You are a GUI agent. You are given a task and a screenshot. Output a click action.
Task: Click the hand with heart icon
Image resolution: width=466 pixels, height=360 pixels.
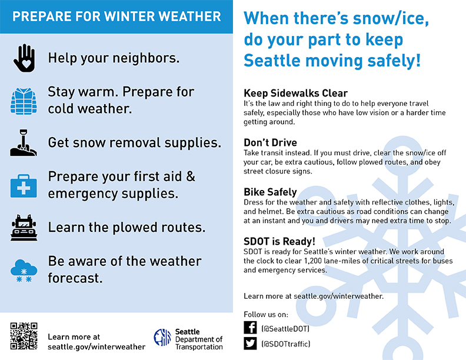point(24,58)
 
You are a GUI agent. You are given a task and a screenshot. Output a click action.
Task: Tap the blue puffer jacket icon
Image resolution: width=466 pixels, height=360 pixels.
point(24,101)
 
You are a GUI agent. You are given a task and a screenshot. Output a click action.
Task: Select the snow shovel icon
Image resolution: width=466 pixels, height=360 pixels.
point(24,142)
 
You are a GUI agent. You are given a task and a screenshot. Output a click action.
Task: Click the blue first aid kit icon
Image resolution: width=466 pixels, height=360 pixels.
point(24,186)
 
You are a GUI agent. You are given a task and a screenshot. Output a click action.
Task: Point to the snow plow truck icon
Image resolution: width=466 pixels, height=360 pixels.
point(24,228)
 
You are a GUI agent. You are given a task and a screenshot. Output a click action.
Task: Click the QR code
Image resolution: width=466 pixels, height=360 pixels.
point(24,336)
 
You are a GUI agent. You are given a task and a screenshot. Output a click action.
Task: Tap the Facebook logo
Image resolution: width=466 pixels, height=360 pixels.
point(250,328)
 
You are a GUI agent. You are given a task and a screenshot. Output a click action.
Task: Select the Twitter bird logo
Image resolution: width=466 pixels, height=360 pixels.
point(250,344)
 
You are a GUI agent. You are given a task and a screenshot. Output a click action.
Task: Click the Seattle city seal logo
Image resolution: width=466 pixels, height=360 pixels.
point(162,338)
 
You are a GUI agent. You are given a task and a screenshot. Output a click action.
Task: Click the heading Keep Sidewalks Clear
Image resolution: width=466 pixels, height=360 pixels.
point(295,94)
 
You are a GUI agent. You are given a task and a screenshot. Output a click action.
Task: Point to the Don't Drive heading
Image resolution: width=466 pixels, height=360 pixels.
point(270,142)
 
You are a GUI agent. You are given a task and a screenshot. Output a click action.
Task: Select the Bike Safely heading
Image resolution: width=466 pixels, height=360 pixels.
point(270,192)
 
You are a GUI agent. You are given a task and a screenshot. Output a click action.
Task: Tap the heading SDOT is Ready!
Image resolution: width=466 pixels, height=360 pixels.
point(279,242)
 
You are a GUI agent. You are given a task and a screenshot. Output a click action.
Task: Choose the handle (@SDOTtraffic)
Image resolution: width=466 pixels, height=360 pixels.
point(285,344)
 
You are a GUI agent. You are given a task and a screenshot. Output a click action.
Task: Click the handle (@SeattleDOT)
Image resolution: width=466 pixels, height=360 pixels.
point(285,329)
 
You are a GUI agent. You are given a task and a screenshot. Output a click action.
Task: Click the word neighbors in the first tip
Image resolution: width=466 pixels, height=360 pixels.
point(146,58)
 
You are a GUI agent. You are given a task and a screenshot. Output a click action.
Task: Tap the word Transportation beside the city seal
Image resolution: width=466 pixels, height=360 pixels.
point(199,347)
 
